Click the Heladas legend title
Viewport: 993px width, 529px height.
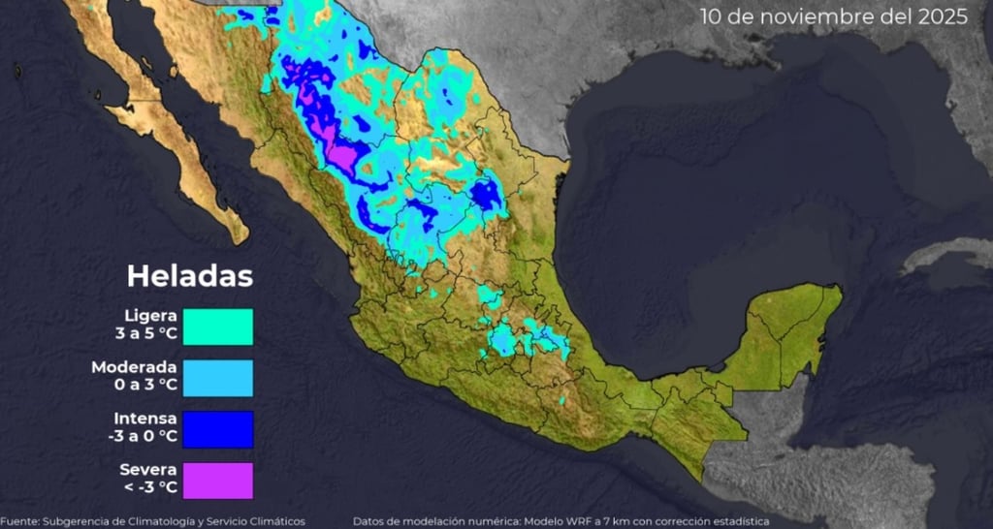(190, 277)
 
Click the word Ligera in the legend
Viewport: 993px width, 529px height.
(150, 316)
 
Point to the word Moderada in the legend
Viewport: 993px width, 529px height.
(134, 367)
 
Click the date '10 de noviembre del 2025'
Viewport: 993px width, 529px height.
(833, 17)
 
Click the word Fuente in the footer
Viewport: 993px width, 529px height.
(18, 521)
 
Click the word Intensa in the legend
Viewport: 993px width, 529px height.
(144, 419)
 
